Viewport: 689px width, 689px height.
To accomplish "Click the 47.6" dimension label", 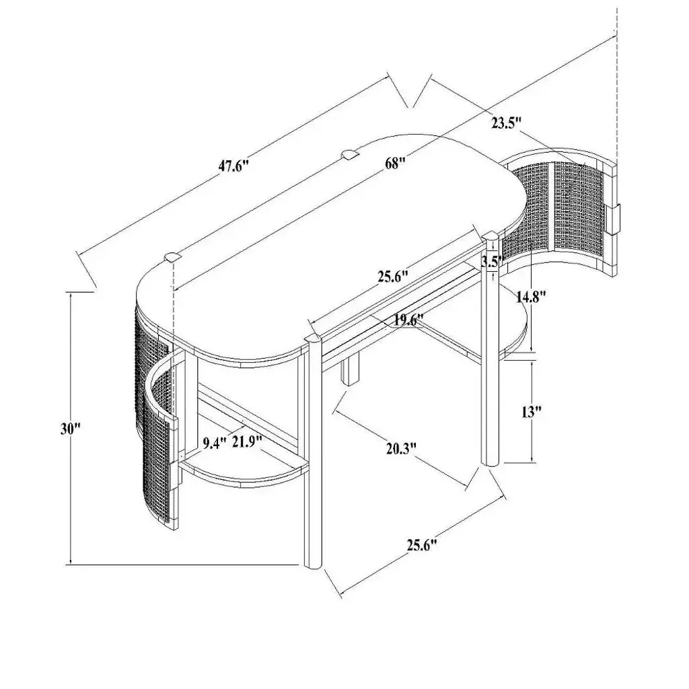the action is point(234,167).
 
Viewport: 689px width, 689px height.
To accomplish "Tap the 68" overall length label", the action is point(394,164).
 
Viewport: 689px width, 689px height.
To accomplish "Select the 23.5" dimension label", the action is point(506,123).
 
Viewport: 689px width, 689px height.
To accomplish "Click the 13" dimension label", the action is point(531,412).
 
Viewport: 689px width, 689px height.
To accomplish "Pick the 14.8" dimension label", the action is point(531,297).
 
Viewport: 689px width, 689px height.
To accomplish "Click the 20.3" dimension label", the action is point(401,449).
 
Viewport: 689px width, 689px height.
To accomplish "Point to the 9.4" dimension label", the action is point(215,441).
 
